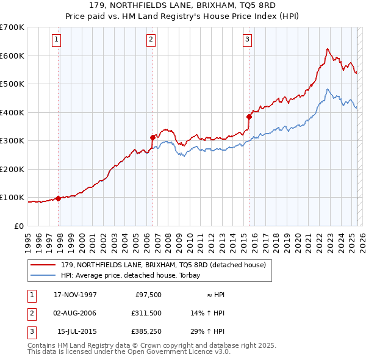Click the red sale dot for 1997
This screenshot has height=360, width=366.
coord(59,198)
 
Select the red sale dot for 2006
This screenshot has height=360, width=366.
coord(153,137)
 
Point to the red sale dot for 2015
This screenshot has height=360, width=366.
coord(249,117)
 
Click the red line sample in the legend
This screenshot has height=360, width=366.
coord(43,265)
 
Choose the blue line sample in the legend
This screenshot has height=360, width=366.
coord(43,276)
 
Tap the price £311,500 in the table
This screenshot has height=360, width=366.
coord(146,313)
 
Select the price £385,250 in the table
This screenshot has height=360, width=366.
coord(146,331)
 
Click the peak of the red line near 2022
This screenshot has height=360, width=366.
coord(328,49)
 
